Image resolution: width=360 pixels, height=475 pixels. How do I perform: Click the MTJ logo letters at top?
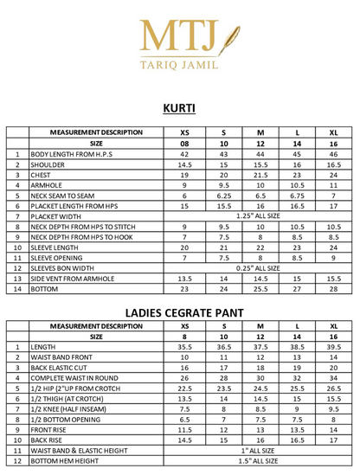pos(170,35)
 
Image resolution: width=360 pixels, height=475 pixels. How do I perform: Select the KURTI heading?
pos(179,109)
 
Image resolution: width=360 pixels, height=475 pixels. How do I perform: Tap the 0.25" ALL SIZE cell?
pos(259,268)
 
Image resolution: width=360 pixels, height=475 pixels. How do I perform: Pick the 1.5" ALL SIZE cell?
pos(259,461)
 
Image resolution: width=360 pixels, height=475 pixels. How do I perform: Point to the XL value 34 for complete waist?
pos(333,378)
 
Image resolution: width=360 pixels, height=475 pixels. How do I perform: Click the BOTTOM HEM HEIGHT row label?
pos(67,461)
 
